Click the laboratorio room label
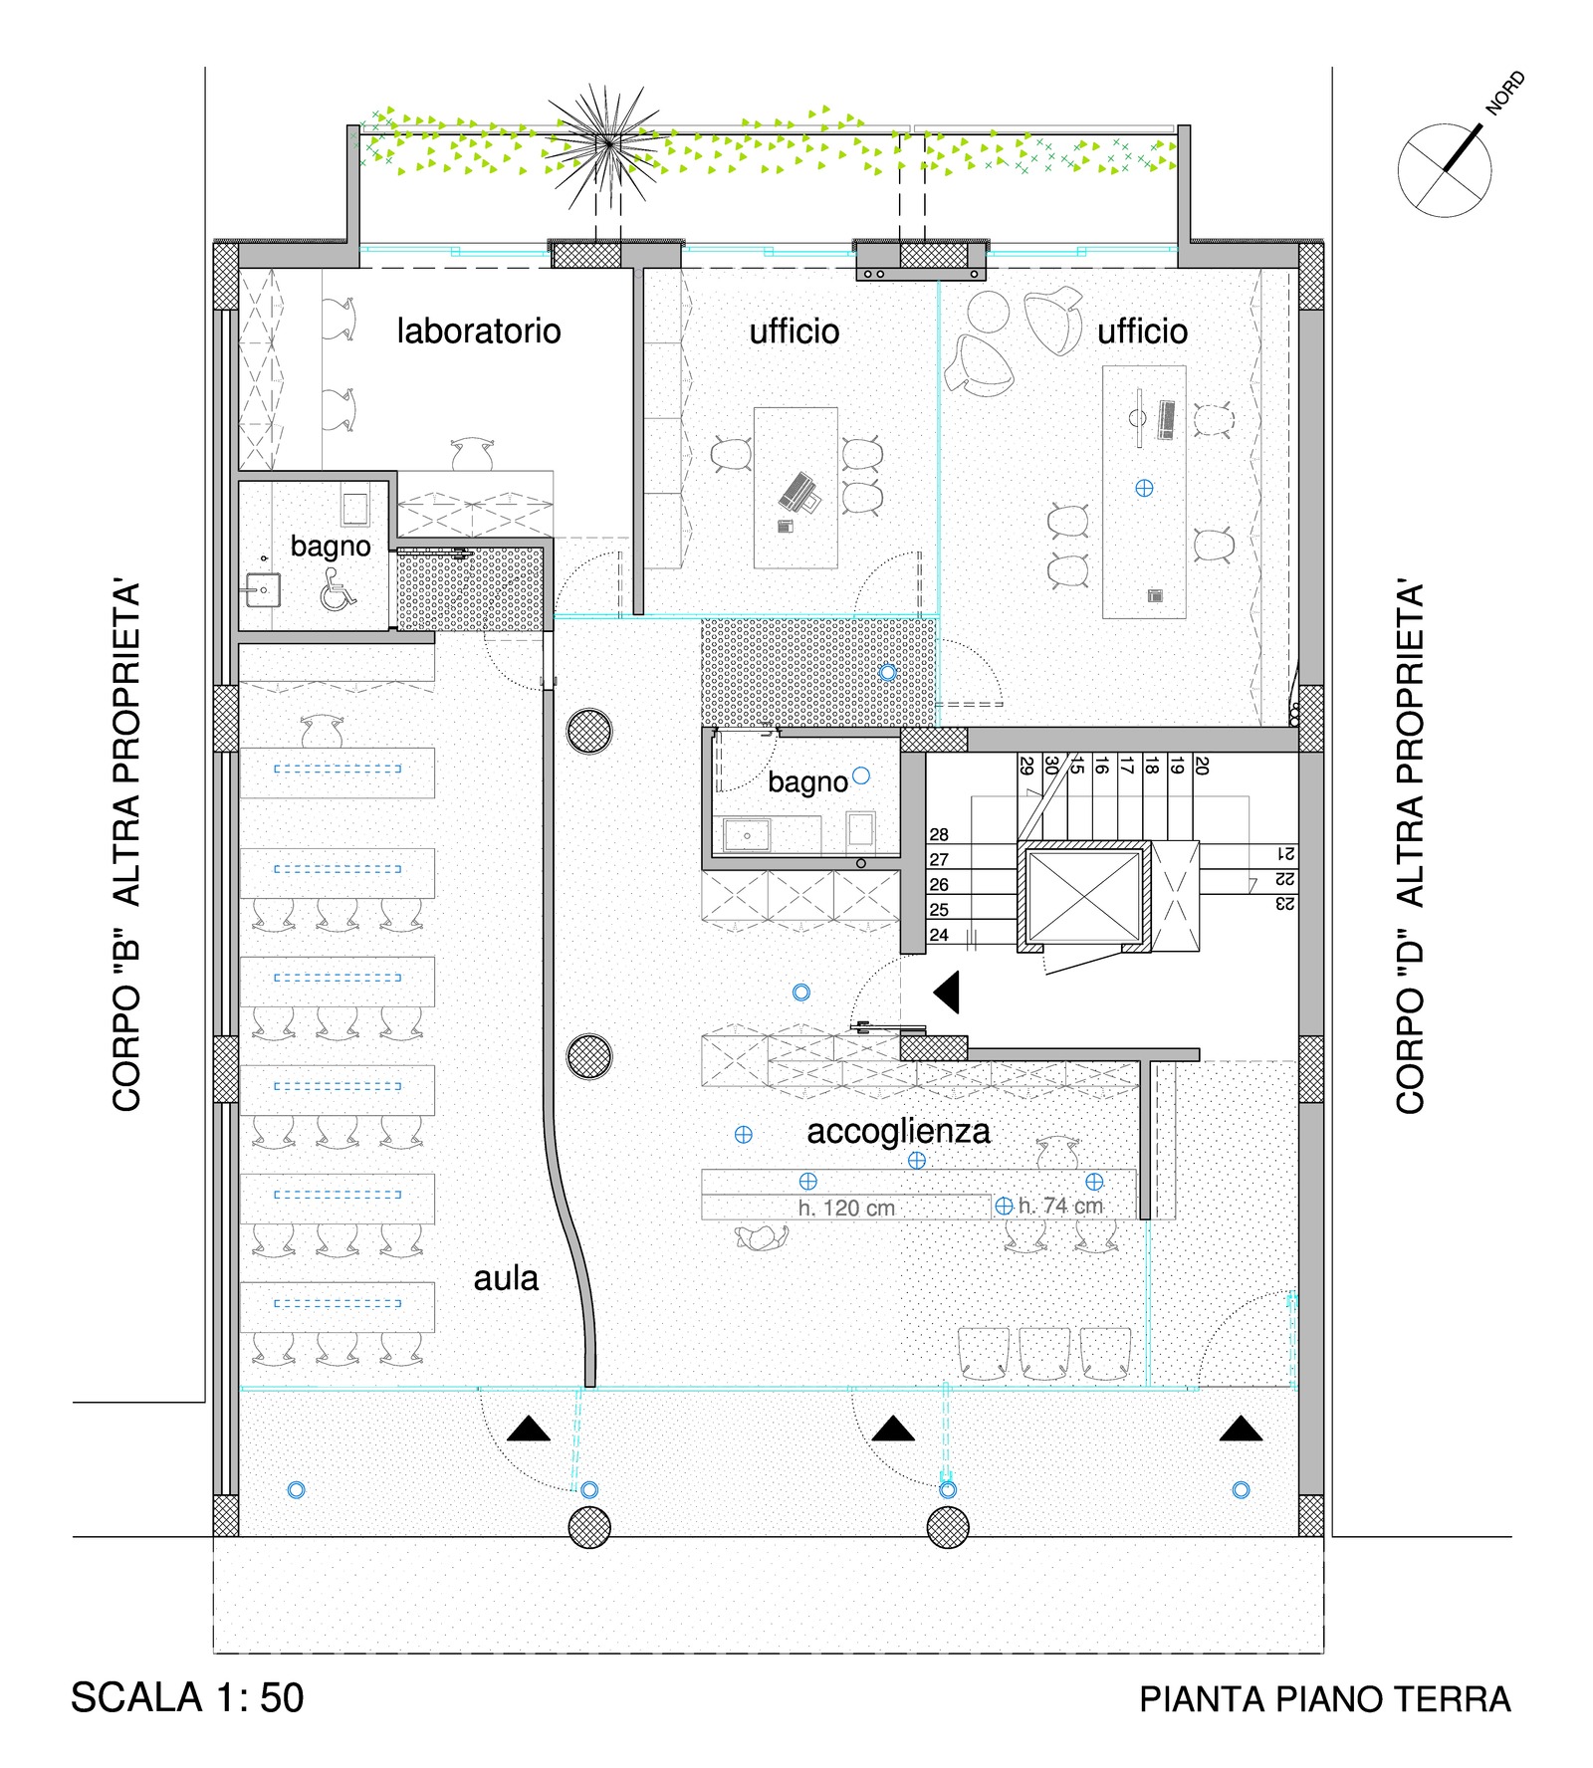point(479,331)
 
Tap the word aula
point(506,1278)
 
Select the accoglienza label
point(898,1132)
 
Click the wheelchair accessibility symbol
point(338,595)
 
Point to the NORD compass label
point(1504,92)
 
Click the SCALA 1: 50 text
point(187,1698)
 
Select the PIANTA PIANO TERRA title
point(1325,1699)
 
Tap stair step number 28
point(939,834)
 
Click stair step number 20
point(1202,766)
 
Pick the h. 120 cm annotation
point(846,1208)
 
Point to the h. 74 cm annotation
point(1060,1206)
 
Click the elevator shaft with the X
point(1083,896)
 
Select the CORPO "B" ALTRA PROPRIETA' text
point(126,847)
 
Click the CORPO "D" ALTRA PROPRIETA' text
point(1410,847)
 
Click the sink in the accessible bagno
point(263,590)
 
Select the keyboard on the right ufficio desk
point(1167,419)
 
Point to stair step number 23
point(1285,904)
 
